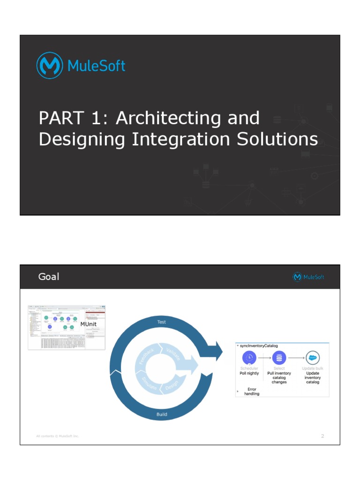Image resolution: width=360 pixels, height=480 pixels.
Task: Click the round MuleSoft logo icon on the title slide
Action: point(50,66)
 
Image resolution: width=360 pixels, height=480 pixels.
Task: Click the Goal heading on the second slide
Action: point(49,277)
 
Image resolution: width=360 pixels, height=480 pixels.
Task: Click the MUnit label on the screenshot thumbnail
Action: point(89,324)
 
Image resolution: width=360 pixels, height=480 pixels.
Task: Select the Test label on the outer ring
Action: point(161,322)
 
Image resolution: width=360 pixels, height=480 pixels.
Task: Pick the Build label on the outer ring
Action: point(161,414)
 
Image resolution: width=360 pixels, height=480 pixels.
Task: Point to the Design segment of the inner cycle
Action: point(172,386)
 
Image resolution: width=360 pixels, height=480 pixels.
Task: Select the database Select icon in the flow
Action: point(279,358)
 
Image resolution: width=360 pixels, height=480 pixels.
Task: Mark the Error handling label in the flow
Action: point(251,391)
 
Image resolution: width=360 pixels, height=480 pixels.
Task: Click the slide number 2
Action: point(322,436)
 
